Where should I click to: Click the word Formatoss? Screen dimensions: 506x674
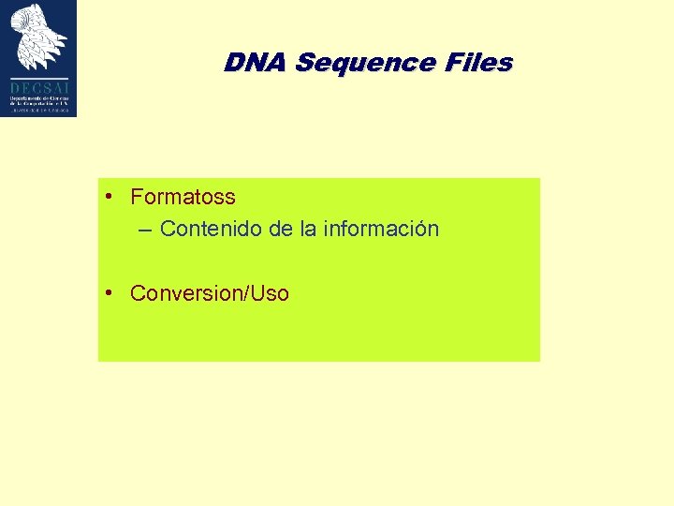click(x=183, y=198)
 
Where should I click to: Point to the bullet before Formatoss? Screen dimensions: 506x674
click(x=110, y=197)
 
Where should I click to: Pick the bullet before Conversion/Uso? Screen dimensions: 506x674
click(x=110, y=292)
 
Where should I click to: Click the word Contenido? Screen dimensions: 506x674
click(x=212, y=229)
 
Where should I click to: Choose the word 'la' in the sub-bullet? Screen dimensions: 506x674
click(x=308, y=229)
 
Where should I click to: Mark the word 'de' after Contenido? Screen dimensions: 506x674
click(x=281, y=229)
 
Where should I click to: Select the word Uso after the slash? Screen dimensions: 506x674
click(x=269, y=293)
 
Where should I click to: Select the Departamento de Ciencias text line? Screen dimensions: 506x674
click(x=39, y=97)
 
